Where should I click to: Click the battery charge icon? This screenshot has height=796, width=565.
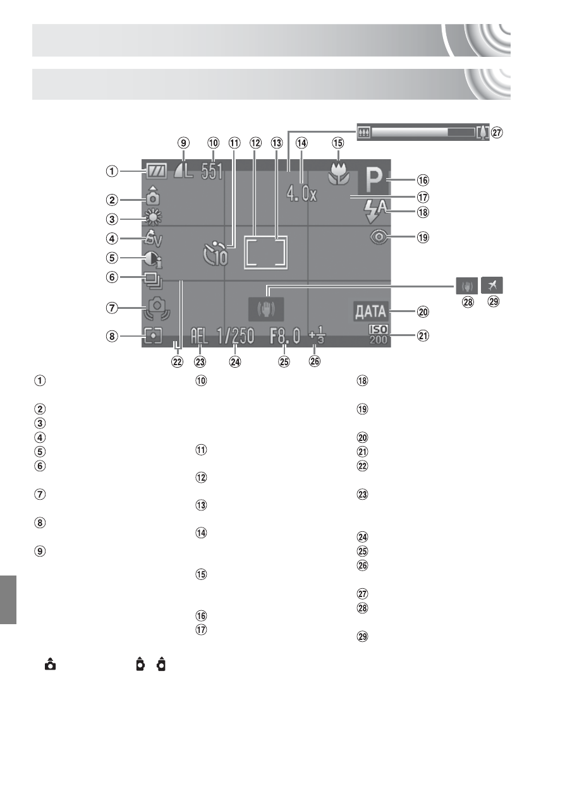[155, 171]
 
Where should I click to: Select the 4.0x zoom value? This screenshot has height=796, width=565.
[301, 195]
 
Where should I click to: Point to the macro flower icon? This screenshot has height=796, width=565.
[339, 174]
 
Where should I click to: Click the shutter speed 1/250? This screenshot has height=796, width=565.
[235, 336]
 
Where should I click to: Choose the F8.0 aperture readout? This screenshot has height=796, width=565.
[285, 336]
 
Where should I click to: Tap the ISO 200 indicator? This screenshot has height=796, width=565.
[379, 335]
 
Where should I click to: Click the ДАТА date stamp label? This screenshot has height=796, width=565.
[370, 311]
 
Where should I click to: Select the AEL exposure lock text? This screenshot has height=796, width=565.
[199, 336]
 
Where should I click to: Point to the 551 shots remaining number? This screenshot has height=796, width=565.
[212, 172]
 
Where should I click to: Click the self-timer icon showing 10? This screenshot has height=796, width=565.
[216, 254]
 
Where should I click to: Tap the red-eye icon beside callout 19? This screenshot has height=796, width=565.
[379, 237]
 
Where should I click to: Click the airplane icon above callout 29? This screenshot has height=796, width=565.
[492, 285]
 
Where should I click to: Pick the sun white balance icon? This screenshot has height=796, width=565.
[154, 217]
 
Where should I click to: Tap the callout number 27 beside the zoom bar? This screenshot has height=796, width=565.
[497, 133]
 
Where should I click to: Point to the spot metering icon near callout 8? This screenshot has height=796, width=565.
[153, 336]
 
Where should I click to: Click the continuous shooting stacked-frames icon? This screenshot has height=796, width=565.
[154, 280]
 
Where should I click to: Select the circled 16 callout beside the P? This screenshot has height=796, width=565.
[423, 180]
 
